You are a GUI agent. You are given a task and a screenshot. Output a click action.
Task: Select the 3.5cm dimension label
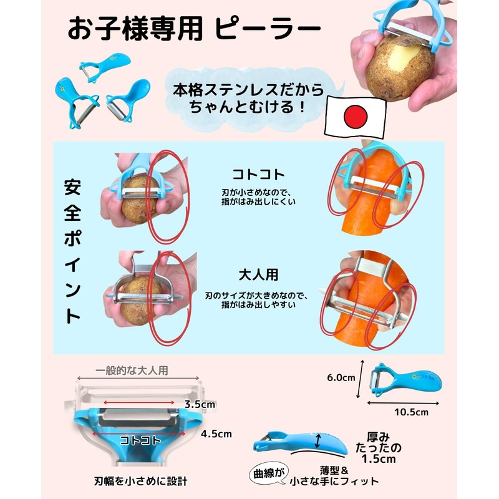tap(199, 404)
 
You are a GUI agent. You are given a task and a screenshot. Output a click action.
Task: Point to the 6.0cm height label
tap(341, 377)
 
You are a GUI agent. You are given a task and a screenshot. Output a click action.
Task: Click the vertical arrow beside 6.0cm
tap(361, 379)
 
